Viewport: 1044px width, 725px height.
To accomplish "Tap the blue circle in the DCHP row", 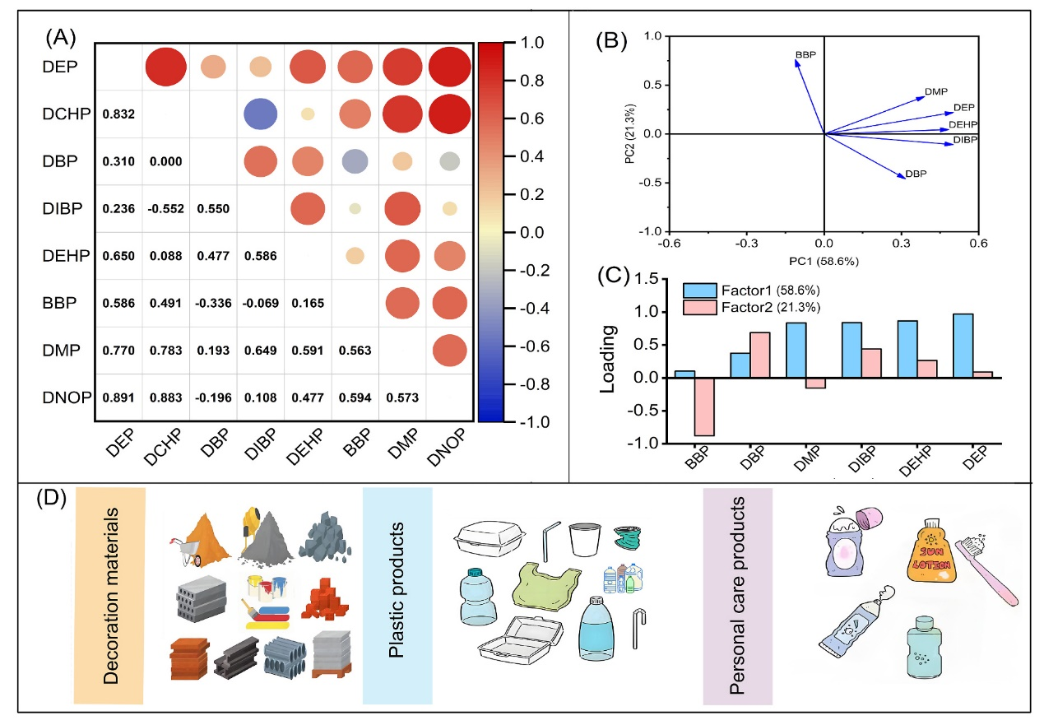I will (x=260, y=113).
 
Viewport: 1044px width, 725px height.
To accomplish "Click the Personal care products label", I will (x=738, y=596).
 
